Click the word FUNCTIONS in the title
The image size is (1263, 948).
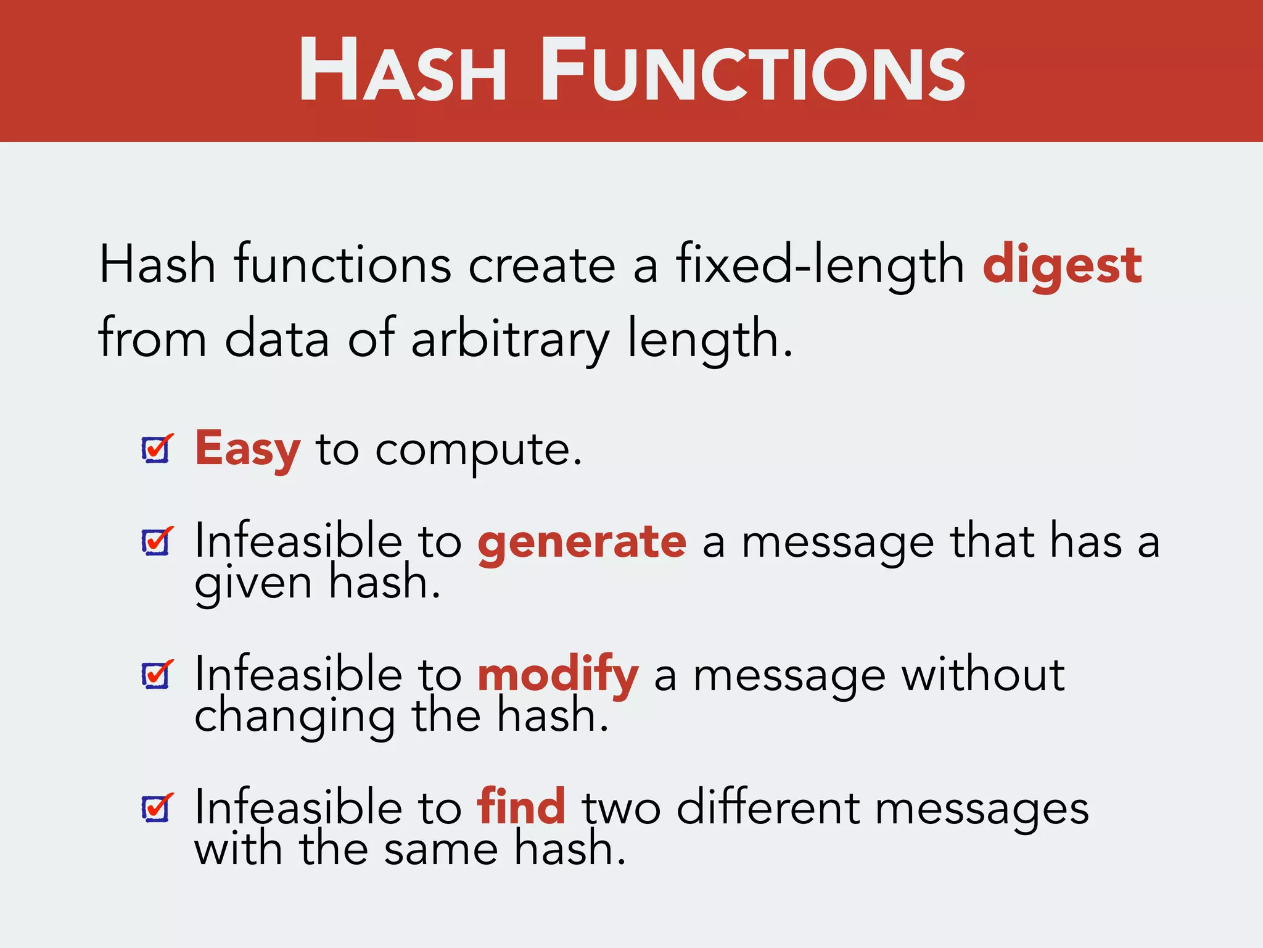click(x=753, y=70)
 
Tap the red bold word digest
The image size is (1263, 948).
click(x=1062, y=265)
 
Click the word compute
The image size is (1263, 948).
click(x=478, y=451)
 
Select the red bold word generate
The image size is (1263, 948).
click(x=582, y=542)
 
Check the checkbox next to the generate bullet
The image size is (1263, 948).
click(x=156, y=542)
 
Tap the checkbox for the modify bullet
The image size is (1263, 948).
click(x=156, y=675)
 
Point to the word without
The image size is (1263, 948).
click(x=983, y=675)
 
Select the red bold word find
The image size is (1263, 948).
click(x=521, y=807)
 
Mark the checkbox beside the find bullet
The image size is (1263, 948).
click(x=156, y=808)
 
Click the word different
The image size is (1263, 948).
click(x=768, y=808)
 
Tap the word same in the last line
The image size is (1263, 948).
click(x=440, y=850)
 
